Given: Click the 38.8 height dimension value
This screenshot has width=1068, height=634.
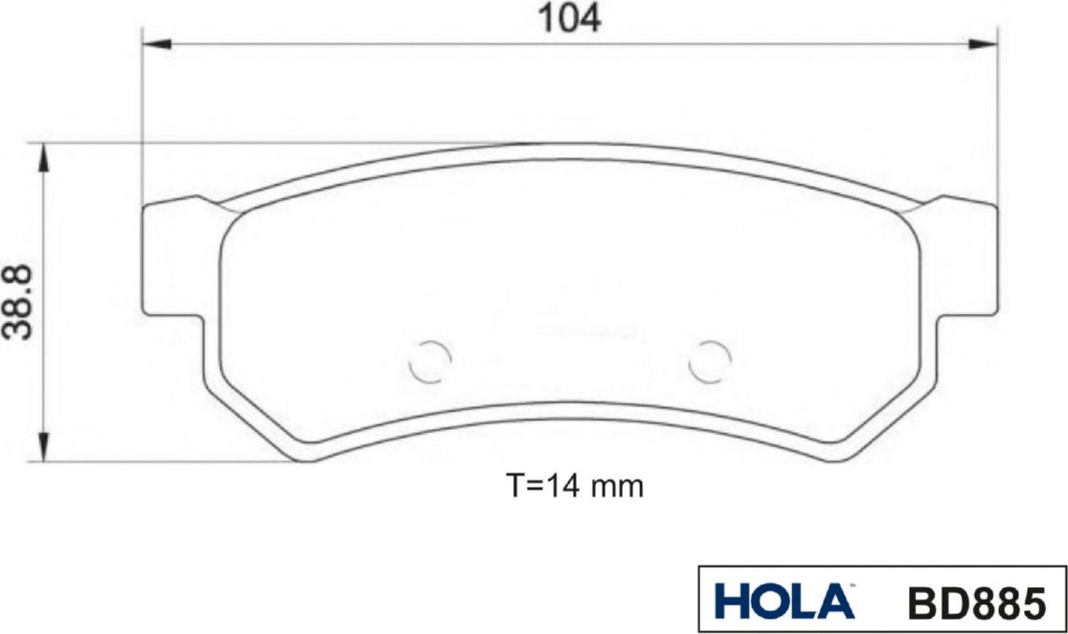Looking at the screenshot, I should click(x=18, y=303).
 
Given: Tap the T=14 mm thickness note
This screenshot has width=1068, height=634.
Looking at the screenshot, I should click(x=574, y=486).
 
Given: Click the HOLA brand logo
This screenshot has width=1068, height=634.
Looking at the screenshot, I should click(x=784, y=602).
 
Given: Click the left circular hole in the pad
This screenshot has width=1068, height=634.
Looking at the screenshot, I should click(x=429, y=361).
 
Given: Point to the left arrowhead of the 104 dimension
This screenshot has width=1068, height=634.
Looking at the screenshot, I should click(x=157, y=43).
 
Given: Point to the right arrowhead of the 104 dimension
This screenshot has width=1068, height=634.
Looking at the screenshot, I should click(x=983, y=43).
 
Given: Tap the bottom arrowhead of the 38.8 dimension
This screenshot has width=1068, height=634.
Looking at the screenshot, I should click(x=43, y=445).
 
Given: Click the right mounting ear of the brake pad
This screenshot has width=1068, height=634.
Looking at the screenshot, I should click(x=963, y=259).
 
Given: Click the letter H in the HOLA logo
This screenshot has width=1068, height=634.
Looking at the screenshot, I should click(x=733, y=602).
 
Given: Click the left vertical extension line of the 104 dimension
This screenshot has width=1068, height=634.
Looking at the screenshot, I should click(x=142, y=115).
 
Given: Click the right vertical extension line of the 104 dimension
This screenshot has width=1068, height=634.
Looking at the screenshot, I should click(x=997, y=115).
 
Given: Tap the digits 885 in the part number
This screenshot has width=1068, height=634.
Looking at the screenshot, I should click(x=1010, y=603).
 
